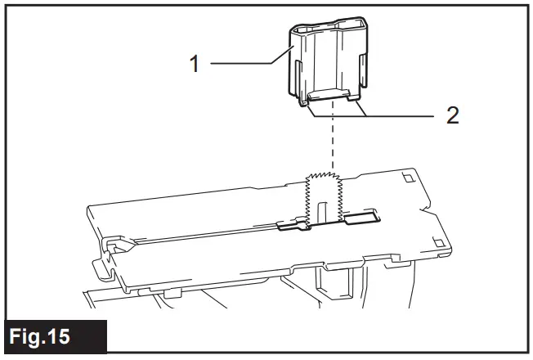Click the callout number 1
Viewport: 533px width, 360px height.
tap(195, 64)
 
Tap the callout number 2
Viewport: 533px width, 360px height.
tap(452, 115)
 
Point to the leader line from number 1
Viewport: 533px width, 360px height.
tap(245, 64)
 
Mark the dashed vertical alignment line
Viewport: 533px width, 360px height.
tap(331, 147)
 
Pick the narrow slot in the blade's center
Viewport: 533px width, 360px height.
tap(324, 209)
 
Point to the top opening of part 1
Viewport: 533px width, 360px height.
tap(326, 32)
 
